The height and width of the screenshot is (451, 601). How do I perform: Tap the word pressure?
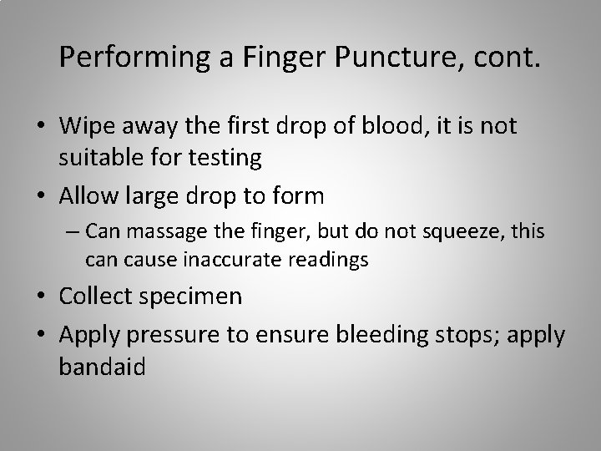[x=160, y=335]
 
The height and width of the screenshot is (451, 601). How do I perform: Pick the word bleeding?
[x=377, y=335]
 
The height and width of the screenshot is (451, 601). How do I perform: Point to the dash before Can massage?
[x=73, y=230]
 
